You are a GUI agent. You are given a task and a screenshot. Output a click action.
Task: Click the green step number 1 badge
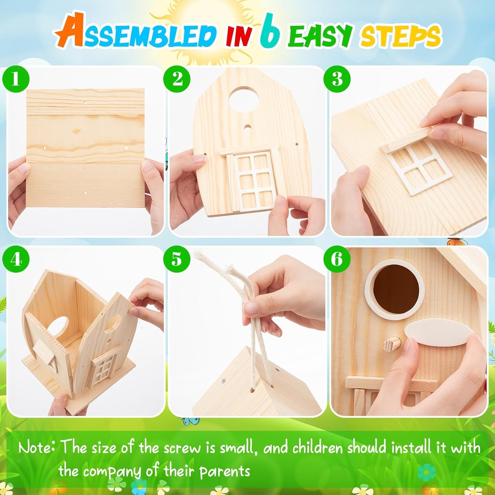15,79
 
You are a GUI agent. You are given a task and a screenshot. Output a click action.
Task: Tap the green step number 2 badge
177,79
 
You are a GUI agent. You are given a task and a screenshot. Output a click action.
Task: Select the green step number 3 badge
337,79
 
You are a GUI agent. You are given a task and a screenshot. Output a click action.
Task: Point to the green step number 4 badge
16,259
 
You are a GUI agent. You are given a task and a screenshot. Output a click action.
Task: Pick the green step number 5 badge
177,259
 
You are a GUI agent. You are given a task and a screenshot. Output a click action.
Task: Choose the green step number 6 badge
337,259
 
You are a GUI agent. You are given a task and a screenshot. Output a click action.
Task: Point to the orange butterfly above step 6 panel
458,242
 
